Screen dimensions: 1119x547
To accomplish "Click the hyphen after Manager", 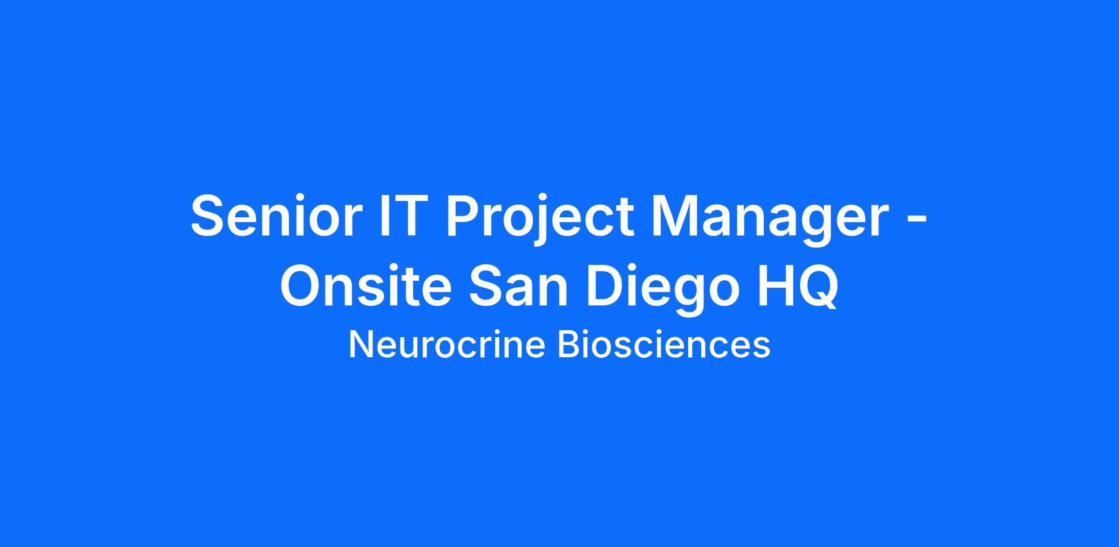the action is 917,222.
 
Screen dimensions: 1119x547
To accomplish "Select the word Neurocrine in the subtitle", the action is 447,345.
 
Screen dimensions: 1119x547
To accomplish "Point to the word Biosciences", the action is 664,345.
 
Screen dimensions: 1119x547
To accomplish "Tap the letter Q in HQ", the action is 819,287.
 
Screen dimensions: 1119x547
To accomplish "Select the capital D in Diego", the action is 606,286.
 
